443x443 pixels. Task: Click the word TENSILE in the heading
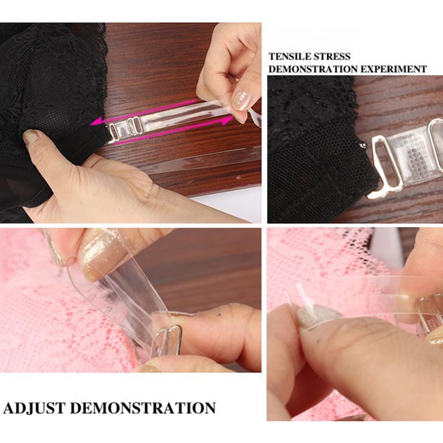point(290,56)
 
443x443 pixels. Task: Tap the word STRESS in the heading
point(332,56)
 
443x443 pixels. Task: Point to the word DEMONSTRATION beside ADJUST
point(143,408)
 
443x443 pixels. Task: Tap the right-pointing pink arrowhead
point(227,121)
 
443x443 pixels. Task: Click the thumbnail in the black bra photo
point(32,137)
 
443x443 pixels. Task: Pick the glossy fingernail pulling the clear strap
point(241,100)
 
